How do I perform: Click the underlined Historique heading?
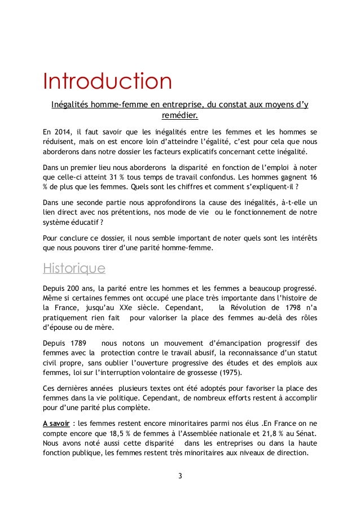point(80,267)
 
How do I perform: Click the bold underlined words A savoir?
point(60,422)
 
